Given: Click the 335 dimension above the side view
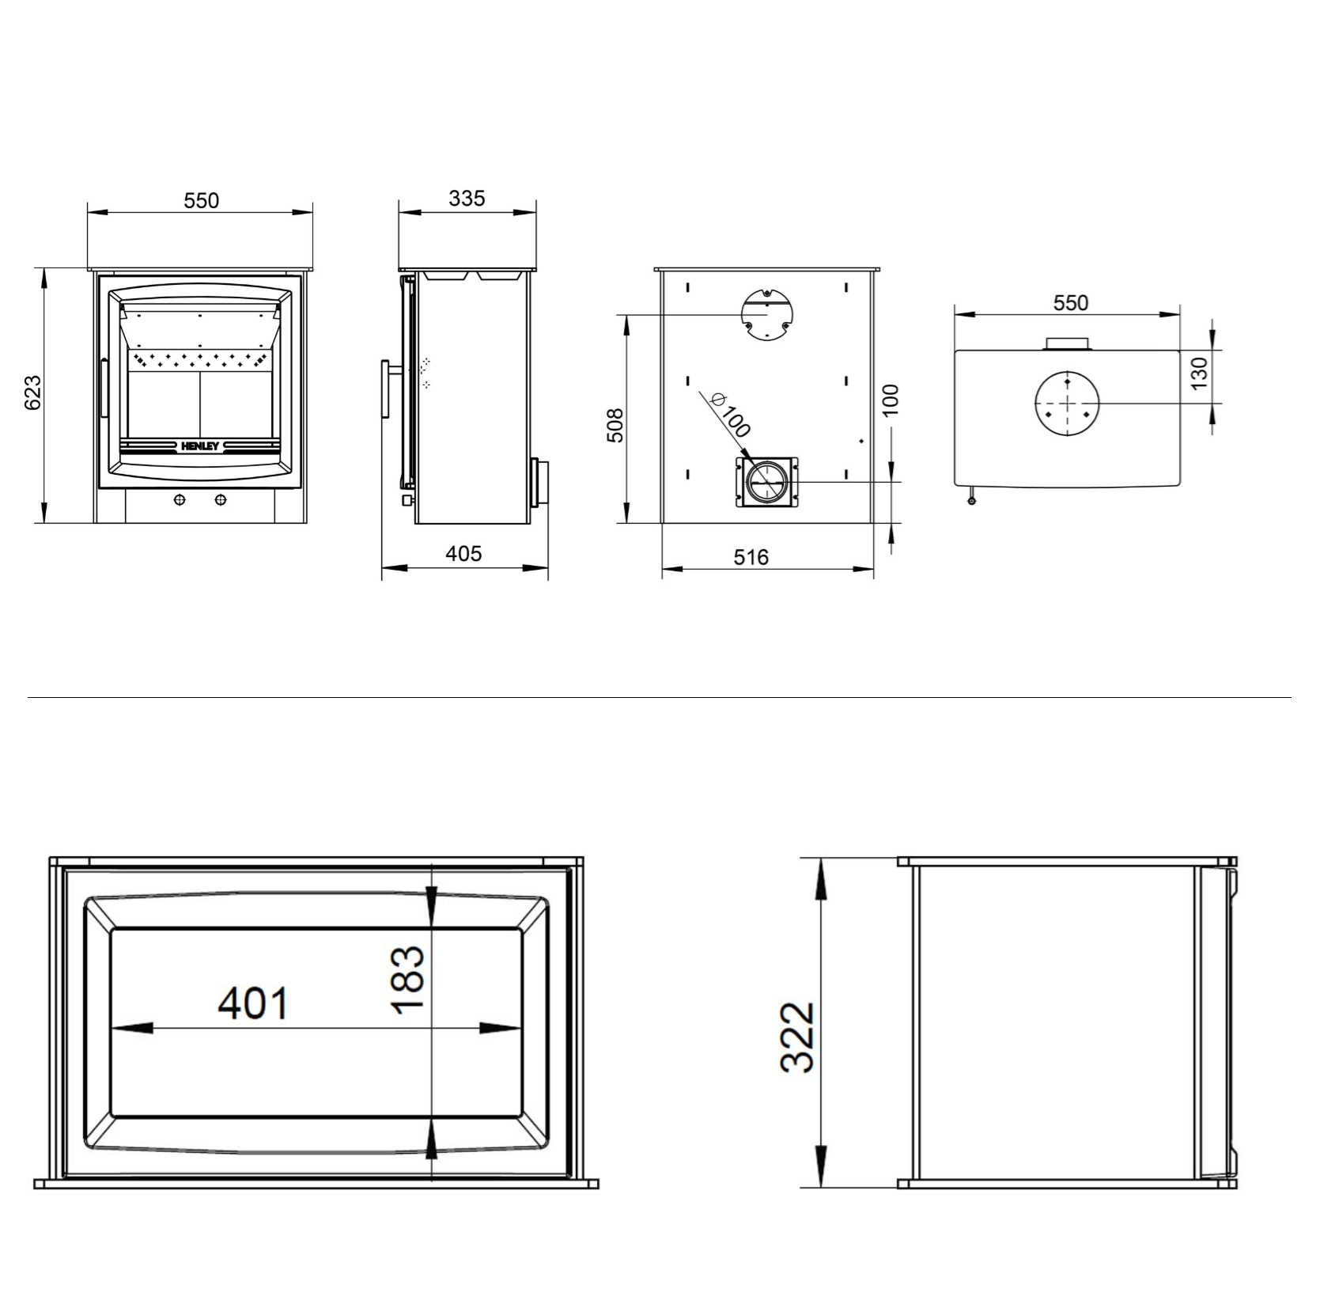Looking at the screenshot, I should tap(467, 199).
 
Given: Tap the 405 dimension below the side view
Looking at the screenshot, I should tap(463, 554).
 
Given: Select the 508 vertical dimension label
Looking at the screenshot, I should tap(615, 425).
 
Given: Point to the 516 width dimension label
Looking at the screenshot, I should tap(751, 558).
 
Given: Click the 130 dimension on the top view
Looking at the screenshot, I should tap(1200, 373).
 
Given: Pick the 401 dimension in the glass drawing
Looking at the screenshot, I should tap(254, 1003).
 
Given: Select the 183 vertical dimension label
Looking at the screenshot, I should tap(409, 980).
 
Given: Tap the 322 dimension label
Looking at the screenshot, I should tap(797, 1037).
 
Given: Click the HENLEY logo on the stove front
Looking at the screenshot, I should tap(200, 446).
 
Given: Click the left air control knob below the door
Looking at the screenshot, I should tap(180, 500).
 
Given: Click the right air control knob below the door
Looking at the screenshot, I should tap(220, 500).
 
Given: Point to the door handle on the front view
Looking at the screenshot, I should tap(104, 388).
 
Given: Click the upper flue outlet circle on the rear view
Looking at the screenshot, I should tap(766, 314).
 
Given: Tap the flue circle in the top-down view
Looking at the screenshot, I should tap(1067, 403).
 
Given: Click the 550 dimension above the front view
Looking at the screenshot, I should tap(201, 201).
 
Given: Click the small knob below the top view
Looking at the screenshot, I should tap(972, 499).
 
